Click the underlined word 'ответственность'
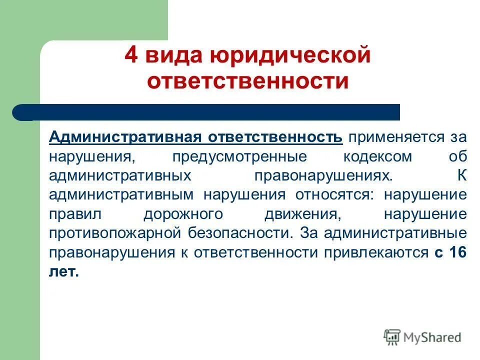pyautogui.click(x=275, y=137)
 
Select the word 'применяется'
pyautogui.click(x=396, y=137)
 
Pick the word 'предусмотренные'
pyautogui.click(x=239, y=156)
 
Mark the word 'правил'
pyautogui.click(x=75, y=214)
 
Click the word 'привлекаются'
pyautogui.click(x=375, y=253)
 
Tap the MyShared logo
pyautogui.click(x=422, y=337)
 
